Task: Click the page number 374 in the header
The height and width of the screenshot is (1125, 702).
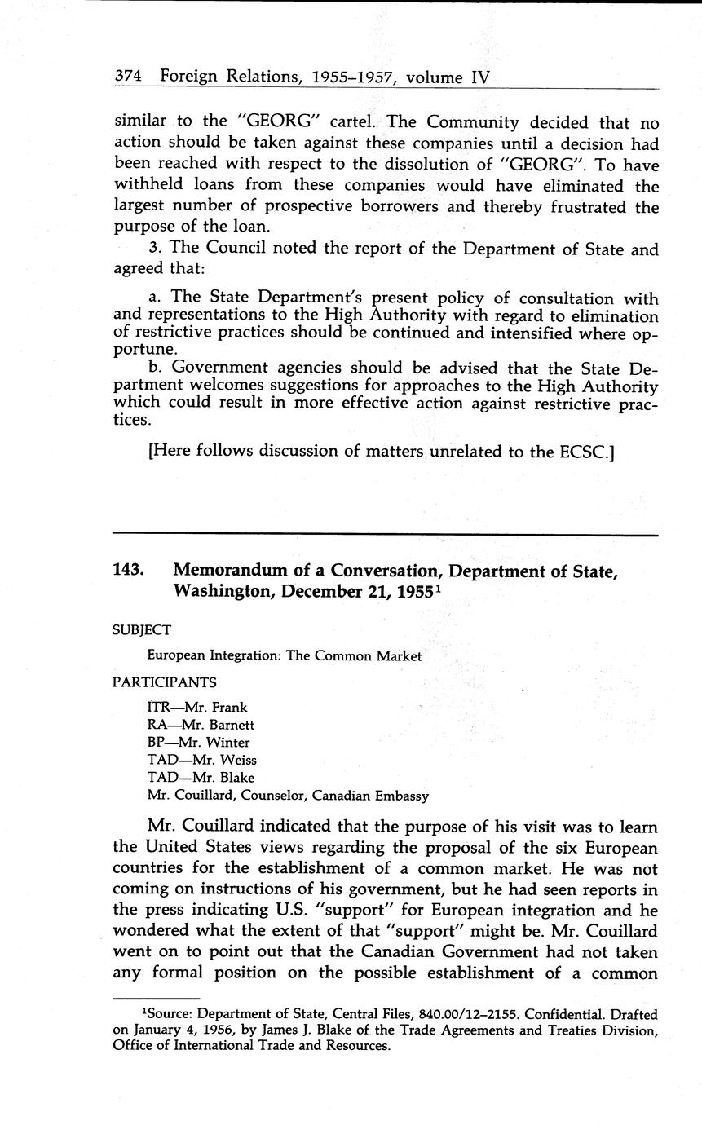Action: tap(128, 77)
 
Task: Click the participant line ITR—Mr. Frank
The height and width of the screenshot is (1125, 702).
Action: tap(196, 707)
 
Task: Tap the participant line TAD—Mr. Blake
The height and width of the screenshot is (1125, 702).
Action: tap(200, 778)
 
